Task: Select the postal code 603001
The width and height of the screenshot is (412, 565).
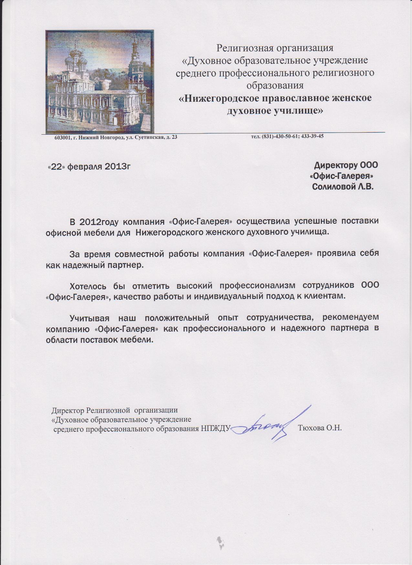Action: pyautogui.click(x=61, y=138)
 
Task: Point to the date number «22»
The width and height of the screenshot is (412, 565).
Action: pyautogui.click(x=56, y=167)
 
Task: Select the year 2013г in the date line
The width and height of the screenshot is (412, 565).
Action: pyautogui.click(x=117, y=167)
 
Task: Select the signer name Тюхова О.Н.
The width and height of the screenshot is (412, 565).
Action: pyautogui.click(x=320, y=428)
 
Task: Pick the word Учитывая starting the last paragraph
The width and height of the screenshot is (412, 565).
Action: pyautogui.click(x=90, y=318)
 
